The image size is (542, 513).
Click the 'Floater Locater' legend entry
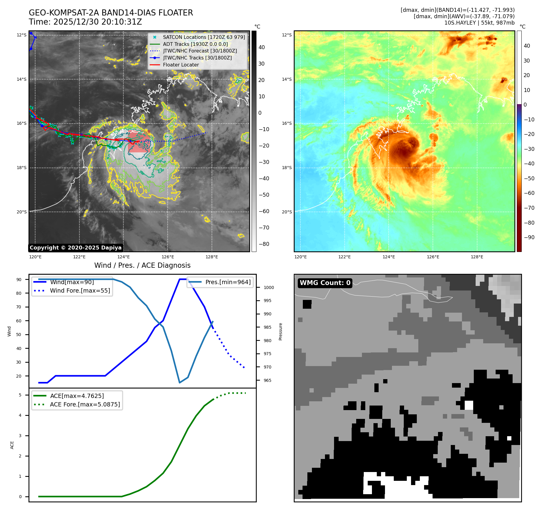click(x=181, y=65)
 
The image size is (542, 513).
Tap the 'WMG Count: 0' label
click(x=325, y=283)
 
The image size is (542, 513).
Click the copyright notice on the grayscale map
click(x=75, y=248)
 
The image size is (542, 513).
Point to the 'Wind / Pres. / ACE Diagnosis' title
click(x=142, y=265)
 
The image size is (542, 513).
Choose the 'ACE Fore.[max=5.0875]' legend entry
click(x=85, y=404)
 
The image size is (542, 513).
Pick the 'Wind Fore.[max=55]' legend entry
click(x=80, y=290)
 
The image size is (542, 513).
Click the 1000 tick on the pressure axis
click(x=269, y=287)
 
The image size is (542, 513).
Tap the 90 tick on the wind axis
click(x=19, y=280)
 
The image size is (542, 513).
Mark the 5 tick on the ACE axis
click(x=20, y=395)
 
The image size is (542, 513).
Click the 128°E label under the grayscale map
click(x=212, y=257)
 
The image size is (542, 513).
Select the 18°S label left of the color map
click(x=287, y=168)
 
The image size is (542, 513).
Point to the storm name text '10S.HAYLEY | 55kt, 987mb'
click(x=479, y=23)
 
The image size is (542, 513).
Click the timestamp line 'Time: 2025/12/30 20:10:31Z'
click(x=85, y=22)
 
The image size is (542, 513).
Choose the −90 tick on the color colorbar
click(x=529, y=237)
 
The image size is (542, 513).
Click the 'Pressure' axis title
click(x=280, y=331)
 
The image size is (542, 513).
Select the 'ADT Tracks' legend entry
click(x=195, y=44)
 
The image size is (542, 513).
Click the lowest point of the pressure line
click(x=180, y=382)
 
